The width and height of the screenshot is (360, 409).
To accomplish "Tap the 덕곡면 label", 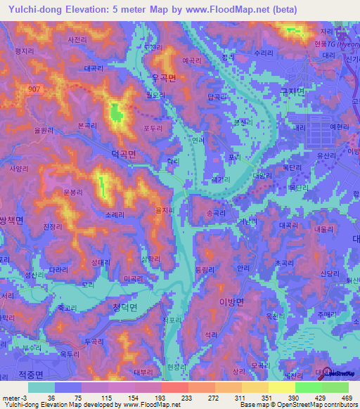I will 122,152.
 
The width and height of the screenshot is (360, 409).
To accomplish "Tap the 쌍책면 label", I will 11,220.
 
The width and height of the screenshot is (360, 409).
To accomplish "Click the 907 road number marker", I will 34,89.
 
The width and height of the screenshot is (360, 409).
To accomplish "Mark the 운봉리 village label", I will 73,191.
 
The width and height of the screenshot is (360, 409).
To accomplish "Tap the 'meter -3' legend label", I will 12,398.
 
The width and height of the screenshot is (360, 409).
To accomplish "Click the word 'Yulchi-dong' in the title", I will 31,9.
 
